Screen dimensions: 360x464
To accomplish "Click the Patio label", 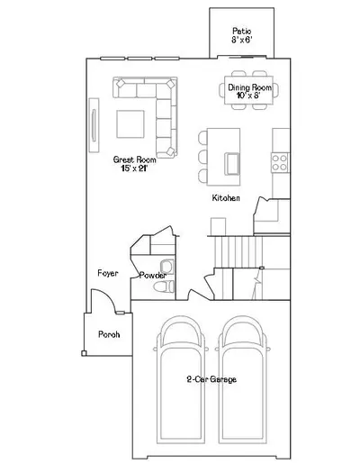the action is [242, 32].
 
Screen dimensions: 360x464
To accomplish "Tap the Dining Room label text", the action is [250, 87].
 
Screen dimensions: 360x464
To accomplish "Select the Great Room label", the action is [134, 159].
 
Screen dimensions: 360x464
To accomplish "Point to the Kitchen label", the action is [226, 198].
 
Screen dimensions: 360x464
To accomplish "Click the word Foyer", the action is [108, 273].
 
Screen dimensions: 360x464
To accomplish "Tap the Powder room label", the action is [153, 275].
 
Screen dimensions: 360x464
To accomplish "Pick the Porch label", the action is [109, 334].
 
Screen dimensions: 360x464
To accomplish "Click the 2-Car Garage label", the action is [211, 379].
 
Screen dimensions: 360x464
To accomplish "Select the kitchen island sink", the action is [232, 164].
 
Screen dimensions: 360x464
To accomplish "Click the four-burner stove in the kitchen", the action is [280, 162].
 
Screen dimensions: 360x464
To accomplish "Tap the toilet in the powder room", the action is [164, 287].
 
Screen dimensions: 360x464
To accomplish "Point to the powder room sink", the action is [166, 267].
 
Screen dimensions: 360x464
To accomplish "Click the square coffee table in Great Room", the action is [130, 123].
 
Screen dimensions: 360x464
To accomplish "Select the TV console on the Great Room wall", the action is [94, 125].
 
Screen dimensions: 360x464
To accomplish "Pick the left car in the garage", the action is [180, 379].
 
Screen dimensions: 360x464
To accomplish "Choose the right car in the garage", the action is [242, 379].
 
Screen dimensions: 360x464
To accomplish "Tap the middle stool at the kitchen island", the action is [202, 157].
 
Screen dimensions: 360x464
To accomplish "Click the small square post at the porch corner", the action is [84, 353].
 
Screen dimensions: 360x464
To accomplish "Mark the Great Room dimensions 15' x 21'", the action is [134, 168].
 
